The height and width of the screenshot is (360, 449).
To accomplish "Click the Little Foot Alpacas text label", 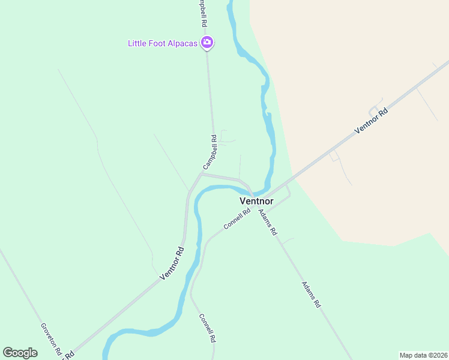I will (163, 43).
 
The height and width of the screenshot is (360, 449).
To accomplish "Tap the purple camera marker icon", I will (207, 42).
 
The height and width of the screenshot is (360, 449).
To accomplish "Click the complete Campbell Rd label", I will (210, 152).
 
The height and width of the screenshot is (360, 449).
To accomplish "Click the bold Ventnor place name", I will (256, 201).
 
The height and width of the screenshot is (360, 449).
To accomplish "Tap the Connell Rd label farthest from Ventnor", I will (207, 328).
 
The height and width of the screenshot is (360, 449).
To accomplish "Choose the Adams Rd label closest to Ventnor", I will (268, 221).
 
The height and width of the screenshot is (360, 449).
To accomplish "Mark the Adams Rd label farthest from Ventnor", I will (311, 295).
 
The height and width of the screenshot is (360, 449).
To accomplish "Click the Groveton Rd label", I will (51, 341).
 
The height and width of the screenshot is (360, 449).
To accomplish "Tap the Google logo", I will (20, 352).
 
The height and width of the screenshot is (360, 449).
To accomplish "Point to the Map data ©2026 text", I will (423, 355).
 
